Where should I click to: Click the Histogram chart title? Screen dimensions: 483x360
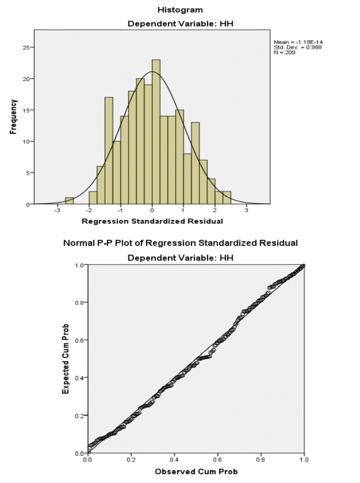(x=180, y=10)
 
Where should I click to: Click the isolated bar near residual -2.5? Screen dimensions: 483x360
(x=69, y=201)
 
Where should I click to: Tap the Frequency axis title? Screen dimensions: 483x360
(x=13, y=117)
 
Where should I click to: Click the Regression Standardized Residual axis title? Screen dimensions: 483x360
(x=151, y=221)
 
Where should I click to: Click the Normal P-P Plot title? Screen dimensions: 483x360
(x=180, y=243)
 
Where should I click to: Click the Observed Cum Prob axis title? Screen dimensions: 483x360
(x=196, y=472)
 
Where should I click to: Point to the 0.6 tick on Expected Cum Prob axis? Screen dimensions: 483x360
(x=78, y=340)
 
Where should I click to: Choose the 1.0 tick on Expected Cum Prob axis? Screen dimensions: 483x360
(x=78, y=265)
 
